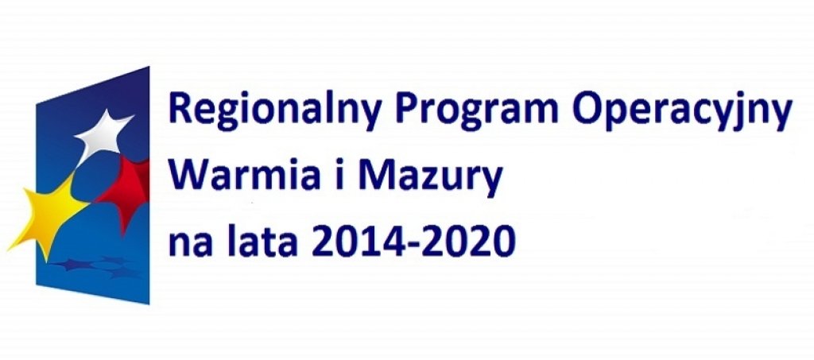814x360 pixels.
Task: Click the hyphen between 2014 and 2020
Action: click(x=414, y=246)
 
